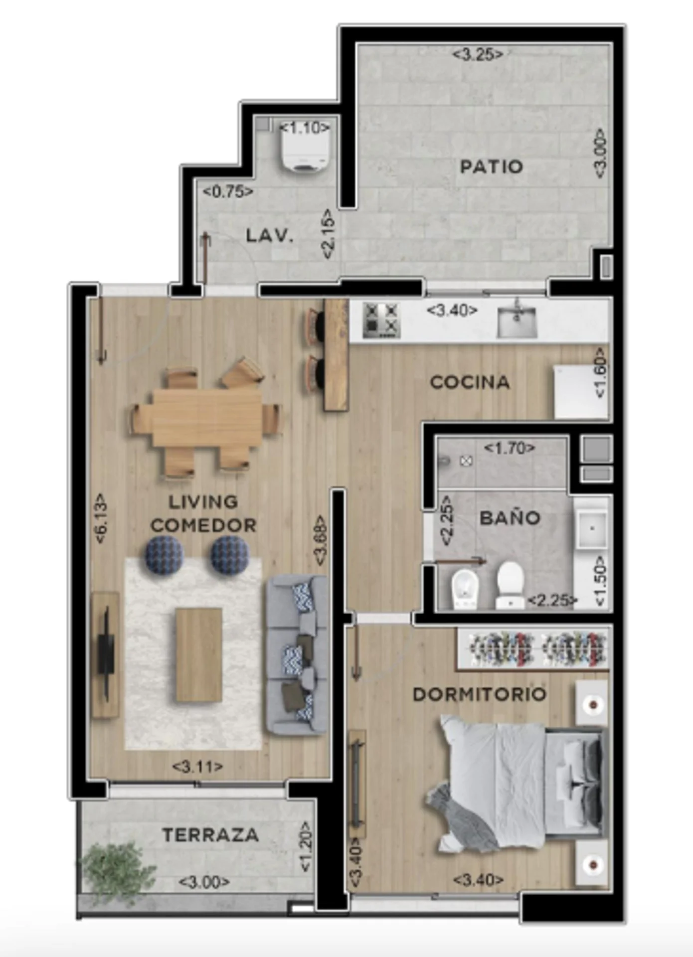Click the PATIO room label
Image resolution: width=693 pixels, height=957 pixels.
[491, 166]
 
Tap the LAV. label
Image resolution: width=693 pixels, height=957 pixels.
[270, 235]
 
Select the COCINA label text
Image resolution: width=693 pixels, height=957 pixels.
[470, 382]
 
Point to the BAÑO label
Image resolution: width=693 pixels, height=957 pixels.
[510, 518]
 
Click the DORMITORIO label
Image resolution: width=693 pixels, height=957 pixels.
[480, 694]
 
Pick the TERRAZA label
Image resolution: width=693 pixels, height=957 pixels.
[210, 835]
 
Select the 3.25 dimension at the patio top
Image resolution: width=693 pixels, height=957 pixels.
[478, 54]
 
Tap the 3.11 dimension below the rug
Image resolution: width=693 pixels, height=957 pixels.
[197, 766]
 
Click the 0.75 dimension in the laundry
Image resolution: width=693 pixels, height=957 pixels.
[228, 191]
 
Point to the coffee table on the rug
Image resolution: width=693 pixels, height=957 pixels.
[199, 655]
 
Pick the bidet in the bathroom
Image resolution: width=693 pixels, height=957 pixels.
[465, 590]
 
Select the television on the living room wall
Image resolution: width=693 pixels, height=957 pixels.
[106, 654]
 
